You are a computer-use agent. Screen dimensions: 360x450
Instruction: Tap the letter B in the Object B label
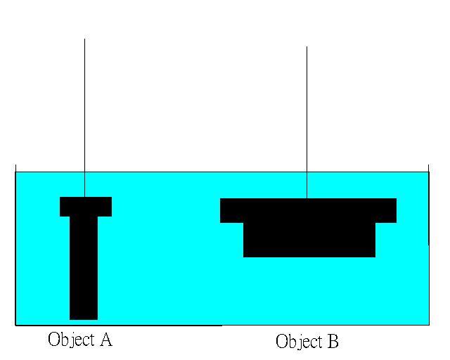[331, 342]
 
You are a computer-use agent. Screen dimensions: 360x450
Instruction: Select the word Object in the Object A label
[70, 340]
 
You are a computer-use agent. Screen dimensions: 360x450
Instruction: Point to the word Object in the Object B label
[297, 342]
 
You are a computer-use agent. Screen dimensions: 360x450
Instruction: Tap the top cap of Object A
[85, 206]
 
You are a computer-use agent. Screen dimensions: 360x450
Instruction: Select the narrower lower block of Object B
[309, 240]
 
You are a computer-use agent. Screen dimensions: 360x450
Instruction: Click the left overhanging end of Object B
[231, 210]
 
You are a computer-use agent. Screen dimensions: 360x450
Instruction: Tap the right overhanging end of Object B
[386, 210]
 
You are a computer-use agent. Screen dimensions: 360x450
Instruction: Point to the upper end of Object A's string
[84, 40]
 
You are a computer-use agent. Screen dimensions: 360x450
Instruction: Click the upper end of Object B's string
[307, 48]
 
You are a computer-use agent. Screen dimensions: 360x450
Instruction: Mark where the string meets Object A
[84, 197]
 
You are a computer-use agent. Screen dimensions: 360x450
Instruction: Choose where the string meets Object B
[307, 198]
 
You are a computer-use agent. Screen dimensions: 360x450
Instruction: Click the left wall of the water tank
[15, 246]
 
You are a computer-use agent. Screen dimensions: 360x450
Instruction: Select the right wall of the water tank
[428, 246]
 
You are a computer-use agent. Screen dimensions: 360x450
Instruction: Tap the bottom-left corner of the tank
[15, 325]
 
